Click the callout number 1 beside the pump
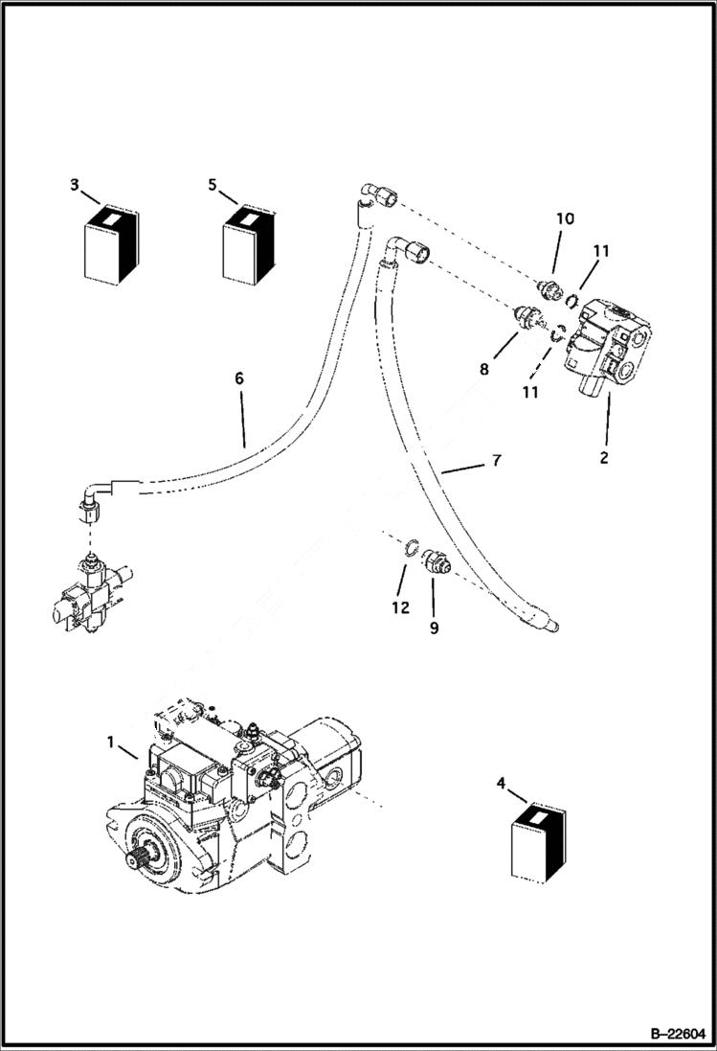(112, 743)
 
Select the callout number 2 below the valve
(604, 458)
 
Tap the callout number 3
(74, 184)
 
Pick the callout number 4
(501, 785)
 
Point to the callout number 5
(212, 184)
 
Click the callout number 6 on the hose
(238, 378)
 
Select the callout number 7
(495, 461)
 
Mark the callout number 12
(400, 606)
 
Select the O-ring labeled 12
(409, 548)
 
